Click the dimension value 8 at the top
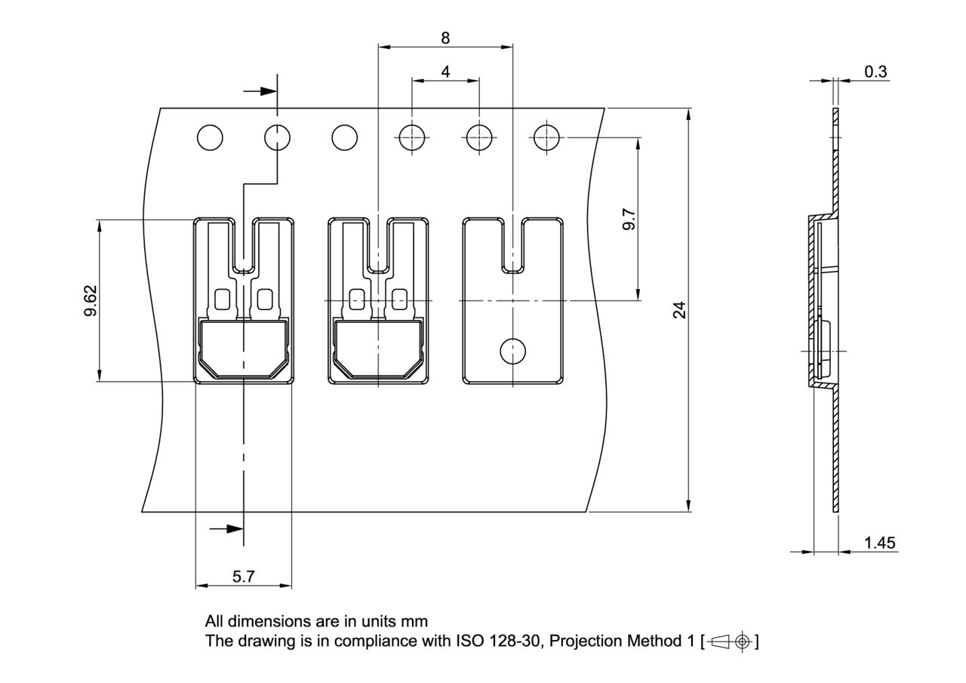pos(445,38)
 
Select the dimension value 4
pos(445,72)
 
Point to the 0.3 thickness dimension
pos(875,72)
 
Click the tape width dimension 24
pos(680,309)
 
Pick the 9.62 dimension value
pos(91,300)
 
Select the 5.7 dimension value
pos(243,577)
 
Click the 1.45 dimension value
pos(879,543)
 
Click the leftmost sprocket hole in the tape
pos(210,138)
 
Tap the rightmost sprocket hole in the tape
pos(546,138)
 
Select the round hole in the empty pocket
pos(513,349)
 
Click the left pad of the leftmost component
pos(223,300)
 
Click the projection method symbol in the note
pos(731,641)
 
